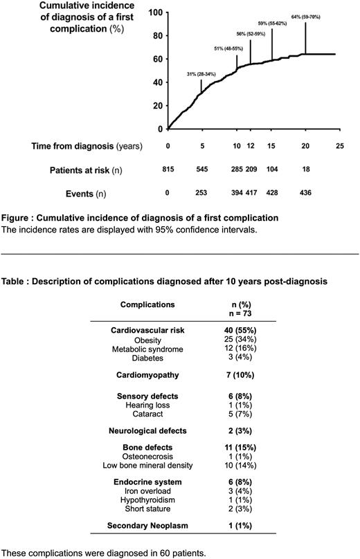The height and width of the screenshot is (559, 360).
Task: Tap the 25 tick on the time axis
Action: click(339, 146)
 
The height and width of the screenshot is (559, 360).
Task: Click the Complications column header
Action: click(147, 304)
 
